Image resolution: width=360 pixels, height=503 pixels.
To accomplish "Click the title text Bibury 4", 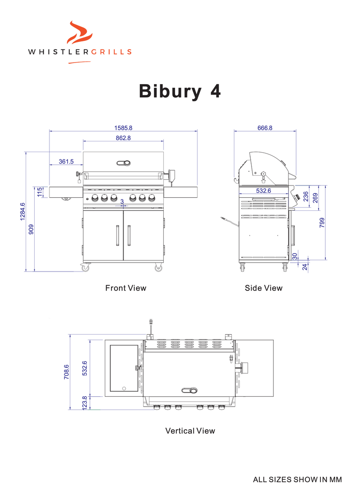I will click(180, 91).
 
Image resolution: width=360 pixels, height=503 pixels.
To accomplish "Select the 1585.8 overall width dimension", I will click(123, 128).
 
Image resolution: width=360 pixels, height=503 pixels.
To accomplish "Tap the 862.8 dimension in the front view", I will click(123, 138).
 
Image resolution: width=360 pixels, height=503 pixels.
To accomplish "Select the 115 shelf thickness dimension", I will click(40, 192).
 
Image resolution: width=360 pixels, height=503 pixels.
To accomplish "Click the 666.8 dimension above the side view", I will click(265, 128).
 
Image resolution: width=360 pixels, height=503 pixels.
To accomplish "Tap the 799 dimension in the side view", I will click(322, 222).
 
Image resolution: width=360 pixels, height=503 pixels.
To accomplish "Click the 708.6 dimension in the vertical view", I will click(67, 372).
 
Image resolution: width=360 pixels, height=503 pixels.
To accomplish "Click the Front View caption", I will click(126, 288).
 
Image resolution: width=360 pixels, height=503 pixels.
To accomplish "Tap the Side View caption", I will click(264, 288).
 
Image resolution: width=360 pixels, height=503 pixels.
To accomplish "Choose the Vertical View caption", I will click(190, 431).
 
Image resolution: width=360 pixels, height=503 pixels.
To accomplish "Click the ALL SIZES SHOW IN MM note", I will click(297, 480).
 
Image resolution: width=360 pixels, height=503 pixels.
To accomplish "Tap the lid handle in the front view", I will click(123, 163).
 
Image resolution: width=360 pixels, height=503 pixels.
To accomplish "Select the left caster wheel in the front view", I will click(85, 268).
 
